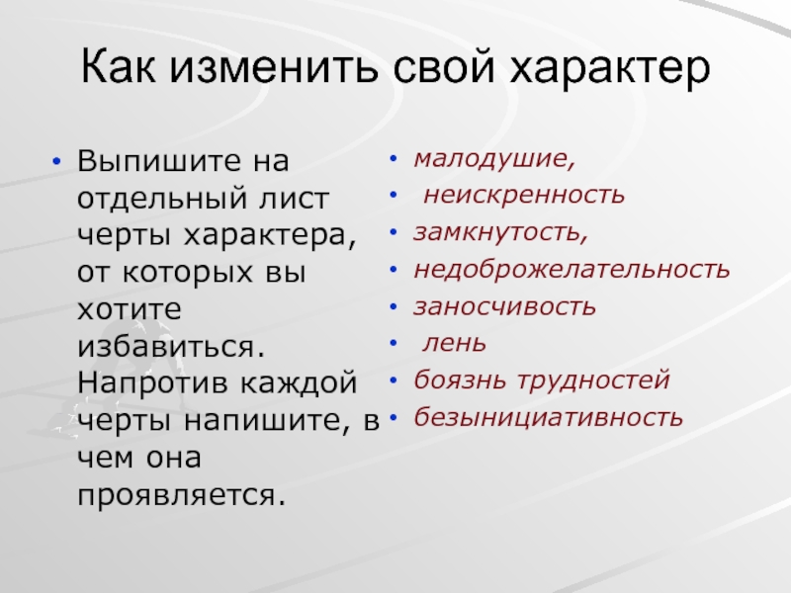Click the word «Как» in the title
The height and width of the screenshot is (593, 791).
click(118, 66)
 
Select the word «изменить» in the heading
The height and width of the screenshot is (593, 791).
click(274, 67)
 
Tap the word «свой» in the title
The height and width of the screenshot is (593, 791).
click(443, 67)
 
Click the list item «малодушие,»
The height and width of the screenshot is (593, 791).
click(494, 159)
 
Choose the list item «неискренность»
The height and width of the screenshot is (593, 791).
click(524, 195)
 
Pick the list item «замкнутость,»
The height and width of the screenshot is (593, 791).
click(501, 232)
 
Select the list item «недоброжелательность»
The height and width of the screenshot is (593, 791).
click(571, 269)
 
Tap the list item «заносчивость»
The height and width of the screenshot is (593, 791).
click(504, 306)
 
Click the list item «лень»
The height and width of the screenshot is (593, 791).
click(455, 343)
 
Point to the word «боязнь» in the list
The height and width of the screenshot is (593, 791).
click(460, 381)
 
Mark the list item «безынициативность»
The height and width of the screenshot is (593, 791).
click(549, 417)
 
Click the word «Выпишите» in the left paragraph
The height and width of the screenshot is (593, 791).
click(159, 161)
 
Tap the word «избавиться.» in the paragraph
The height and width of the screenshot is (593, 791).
click(171, 347)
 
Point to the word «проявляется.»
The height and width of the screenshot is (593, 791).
click(182, 496)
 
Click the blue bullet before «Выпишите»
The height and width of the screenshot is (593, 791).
click(56, 161)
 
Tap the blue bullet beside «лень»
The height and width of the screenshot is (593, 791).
click(394, 343)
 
